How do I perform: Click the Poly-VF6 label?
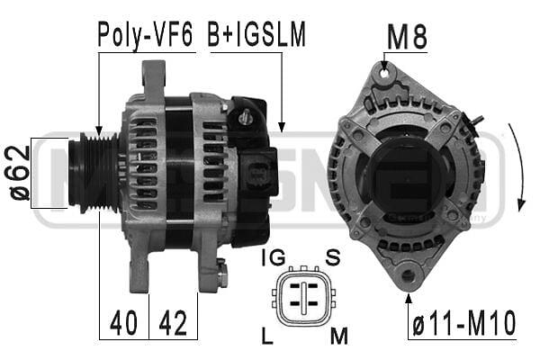[145, 35]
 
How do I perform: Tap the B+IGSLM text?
[256, 34]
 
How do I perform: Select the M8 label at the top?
[407, 36]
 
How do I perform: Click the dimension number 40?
[123, 322]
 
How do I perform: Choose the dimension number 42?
[173, 322]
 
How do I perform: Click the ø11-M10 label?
[463, 322]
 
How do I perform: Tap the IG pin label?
[274, 257]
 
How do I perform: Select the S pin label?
[333, 257]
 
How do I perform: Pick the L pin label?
[267, 336]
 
